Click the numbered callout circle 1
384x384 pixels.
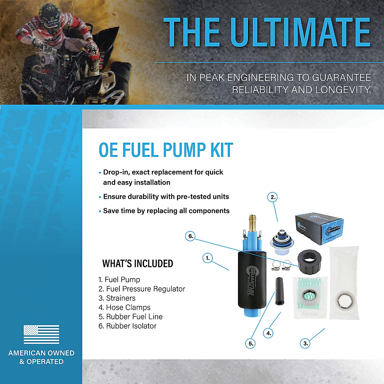(x=208, y=258)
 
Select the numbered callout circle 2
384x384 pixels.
(x=273, y=197)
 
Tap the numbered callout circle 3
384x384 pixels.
(x=306, y=343)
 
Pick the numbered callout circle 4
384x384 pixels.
(x=269, y=333)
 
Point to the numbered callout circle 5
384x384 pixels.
(x=251, y=344)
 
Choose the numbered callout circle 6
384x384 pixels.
(x=191, y=236)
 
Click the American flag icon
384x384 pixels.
(x=41, y=334)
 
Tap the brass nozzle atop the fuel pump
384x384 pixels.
(x=252, y=221)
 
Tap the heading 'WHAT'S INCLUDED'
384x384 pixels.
(x=138, y=264)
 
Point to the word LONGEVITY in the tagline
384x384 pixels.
(x=344, y=90)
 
